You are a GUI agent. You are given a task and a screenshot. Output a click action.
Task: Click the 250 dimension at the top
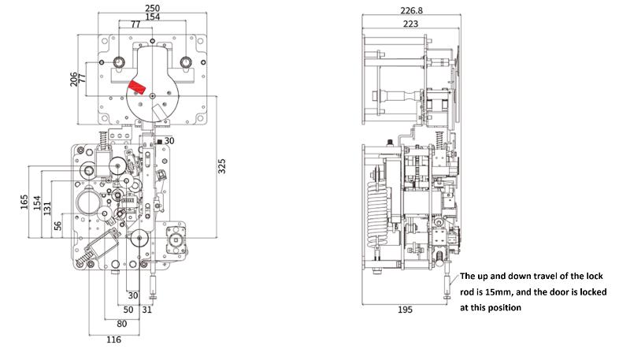pyautogui.click(x=152, y=8)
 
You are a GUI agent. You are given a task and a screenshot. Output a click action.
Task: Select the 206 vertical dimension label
pyautogui.click(x=73, y=79)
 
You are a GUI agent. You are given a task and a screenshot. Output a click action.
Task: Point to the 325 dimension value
pyautogui.click(x=222, y=166)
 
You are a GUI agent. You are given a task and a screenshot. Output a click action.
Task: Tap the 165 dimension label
pyautogui.click(x=24, y=202)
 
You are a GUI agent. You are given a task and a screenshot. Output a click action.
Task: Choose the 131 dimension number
pyautogui.click(x=47, y=209)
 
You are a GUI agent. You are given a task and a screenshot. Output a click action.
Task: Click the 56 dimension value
pyautogui.click(x=57, y=226)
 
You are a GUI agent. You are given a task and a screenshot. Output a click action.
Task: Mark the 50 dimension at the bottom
pyautogui.click(x=128, y=310)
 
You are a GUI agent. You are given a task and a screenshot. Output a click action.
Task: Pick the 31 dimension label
pyautogui.click(x=147, y=310)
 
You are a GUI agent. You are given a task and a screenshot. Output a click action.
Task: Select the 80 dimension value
pyautogui.click(x=122, y=324)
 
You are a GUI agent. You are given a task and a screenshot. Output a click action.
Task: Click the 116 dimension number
pyautogui.click(x=113, y=340)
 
